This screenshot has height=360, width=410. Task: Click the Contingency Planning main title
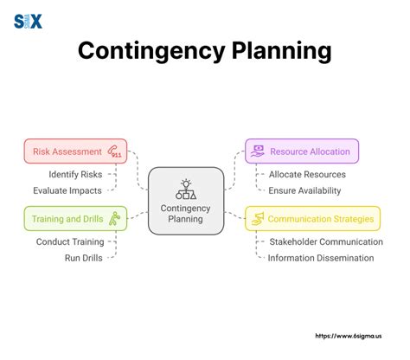[204, 50]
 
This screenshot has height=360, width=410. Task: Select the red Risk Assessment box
[75, 151]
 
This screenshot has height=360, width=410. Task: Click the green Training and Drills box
[75, 218]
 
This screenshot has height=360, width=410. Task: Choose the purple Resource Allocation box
[301, 151]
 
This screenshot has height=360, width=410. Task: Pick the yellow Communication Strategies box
[312, 218]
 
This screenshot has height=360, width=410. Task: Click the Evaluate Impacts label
[67, 190]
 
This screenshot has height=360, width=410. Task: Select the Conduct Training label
[70, 241]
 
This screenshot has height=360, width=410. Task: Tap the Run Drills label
[85, 257]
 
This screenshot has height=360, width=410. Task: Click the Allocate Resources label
[303, 174]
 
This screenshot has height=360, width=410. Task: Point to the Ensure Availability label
[304, 190]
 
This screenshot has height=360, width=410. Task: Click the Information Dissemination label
[321, 257]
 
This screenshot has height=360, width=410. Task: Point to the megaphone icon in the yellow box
[258, 219]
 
